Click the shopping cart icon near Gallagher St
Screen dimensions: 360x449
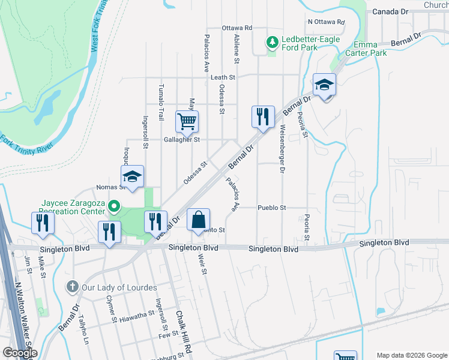(187, 121)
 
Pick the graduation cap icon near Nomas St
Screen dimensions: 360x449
(132, 176)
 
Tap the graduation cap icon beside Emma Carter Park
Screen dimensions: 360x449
(324, 84)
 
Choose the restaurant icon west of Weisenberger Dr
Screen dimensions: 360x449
(262, 116)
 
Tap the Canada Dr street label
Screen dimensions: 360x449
(390, 11)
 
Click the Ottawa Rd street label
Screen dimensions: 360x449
(237, 28)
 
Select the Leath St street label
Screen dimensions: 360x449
(223, 77)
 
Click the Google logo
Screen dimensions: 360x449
(19, 353)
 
